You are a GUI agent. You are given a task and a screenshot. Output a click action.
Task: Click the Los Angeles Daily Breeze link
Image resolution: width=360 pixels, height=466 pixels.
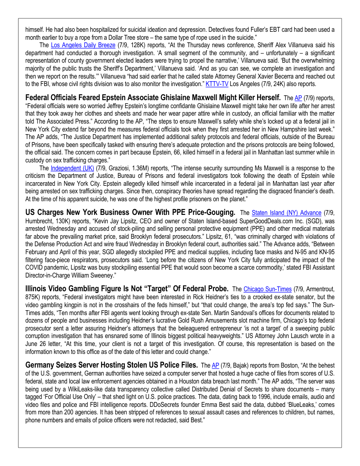[x=83, y=45]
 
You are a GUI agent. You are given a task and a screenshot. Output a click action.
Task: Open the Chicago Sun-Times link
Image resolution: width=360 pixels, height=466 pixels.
[x=268, y=289]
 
